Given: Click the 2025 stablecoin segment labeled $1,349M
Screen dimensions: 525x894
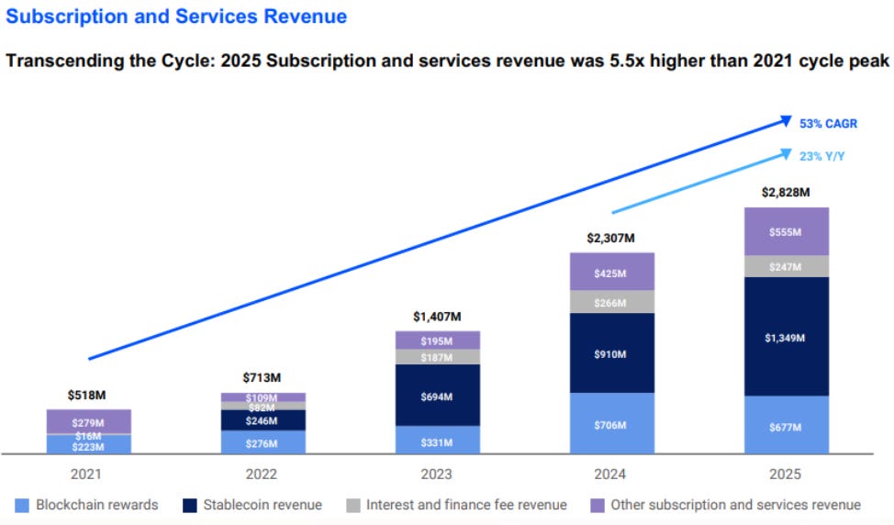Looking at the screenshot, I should tap(786, 337).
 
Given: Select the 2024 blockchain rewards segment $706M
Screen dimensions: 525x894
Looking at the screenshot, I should tap(611, 424).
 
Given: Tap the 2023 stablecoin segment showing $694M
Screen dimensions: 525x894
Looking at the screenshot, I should tap(437, 396).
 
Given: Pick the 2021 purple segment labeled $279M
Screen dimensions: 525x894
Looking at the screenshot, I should tap(88, 421).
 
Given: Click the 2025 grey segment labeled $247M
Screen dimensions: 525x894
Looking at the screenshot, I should tap(786, 266).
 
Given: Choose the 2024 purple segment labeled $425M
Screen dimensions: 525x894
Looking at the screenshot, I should tap(611, 273).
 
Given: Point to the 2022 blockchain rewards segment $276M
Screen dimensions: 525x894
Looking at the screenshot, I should tap(263, 442).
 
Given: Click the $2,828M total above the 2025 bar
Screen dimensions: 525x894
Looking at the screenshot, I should tap(786, 193).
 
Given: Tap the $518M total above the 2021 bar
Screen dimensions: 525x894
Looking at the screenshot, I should tap(87, 395).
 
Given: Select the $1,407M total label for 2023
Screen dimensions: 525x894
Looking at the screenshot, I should tap(437, 317).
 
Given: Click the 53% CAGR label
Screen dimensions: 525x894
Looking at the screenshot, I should tap(828, 124).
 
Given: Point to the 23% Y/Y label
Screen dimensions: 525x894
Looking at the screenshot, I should tap(821, 156).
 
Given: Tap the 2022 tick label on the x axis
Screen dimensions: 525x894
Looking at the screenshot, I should tap(263, 475).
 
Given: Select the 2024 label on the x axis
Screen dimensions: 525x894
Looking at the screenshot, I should tap(611, 475).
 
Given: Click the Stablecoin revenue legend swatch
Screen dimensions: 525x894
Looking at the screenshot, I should tap(190, 505).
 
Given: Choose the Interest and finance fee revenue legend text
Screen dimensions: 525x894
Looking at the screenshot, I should tap(466, 505).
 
